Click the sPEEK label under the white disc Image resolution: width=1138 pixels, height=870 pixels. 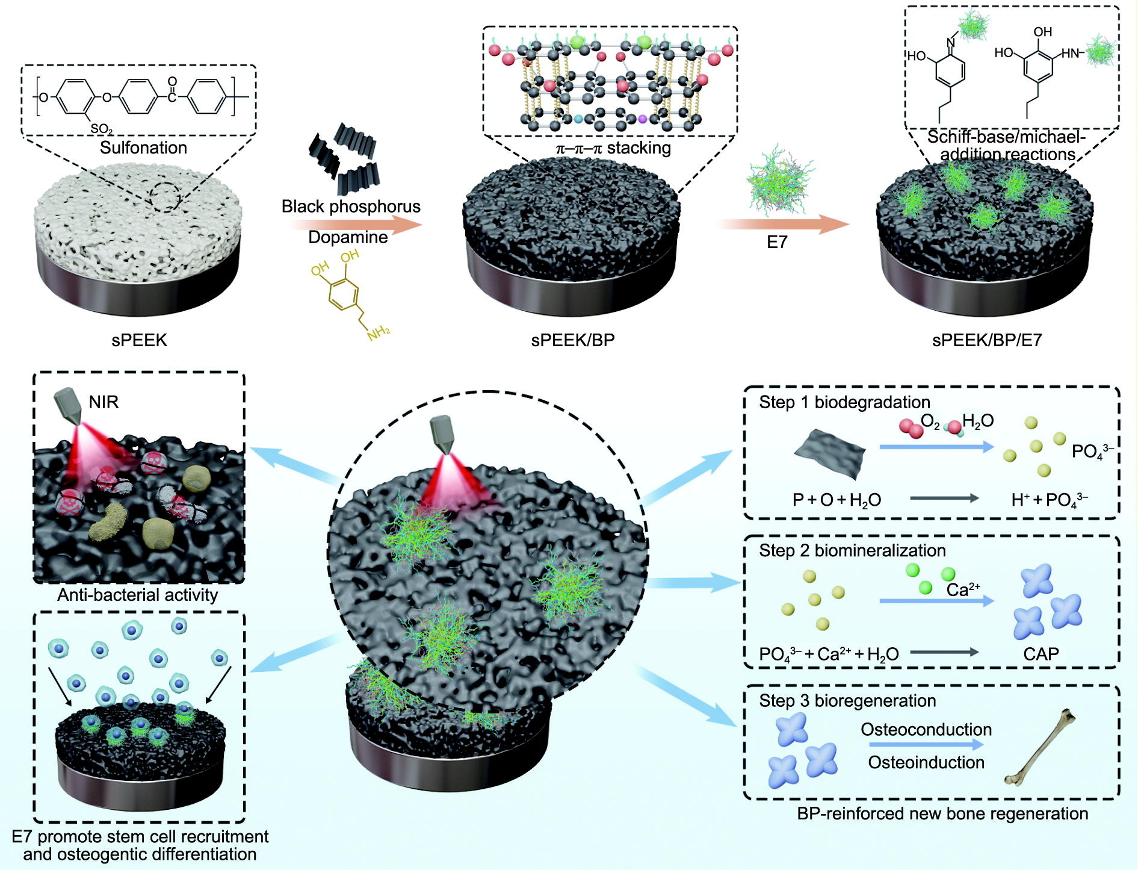click(x=139, y=340)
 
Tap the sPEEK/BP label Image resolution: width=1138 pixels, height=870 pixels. click(x=572, y=340)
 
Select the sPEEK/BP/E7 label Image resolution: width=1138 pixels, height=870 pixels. click(x=987, y=340)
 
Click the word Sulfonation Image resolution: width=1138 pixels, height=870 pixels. click(x=143, y=148)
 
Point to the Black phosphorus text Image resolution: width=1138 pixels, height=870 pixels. click(x=351, y=207)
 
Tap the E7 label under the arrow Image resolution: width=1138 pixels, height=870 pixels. click(x=777, y=242)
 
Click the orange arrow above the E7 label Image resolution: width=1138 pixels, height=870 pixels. click(x=782, y=225)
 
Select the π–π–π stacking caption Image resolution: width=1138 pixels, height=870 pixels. click(x=613, y=148)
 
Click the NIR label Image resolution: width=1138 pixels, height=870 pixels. click(x=104, y=402)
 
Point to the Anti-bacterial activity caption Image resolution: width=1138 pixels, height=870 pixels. click(x=138, y=595)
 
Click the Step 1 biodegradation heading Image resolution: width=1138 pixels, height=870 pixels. click(x=844, y=402)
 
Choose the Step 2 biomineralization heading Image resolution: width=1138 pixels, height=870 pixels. click(x=852, y=550)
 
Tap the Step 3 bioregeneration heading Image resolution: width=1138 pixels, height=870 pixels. click(x=847, y=701)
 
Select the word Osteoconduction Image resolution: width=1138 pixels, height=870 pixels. click(x=926, y=730)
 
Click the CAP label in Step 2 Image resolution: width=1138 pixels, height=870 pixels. click(x=1041, y=654)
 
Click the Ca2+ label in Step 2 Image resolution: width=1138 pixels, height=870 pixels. click(x=963, y=590)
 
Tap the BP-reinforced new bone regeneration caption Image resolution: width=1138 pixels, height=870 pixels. click(x=942, y=814)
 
